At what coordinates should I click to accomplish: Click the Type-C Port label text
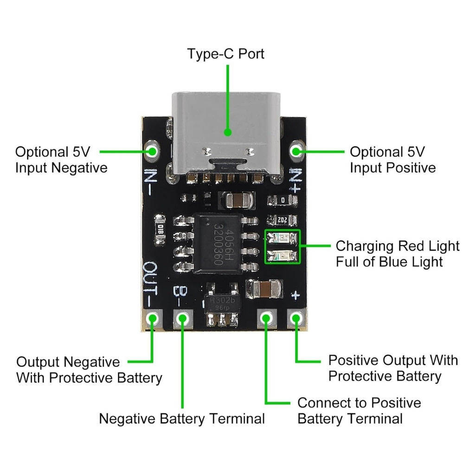coord(226,54)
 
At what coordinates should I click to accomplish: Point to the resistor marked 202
coord(282,220)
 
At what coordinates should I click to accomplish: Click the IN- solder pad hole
coord(152,151)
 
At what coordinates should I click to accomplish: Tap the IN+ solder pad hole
coord(297,151)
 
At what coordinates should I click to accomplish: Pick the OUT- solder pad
coord(152,319)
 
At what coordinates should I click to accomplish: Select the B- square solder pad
coord(182,319)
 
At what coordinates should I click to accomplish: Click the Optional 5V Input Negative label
coord(61,160)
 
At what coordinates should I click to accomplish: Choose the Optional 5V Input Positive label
coord(392,160)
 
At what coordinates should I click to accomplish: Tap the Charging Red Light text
coord(397,246)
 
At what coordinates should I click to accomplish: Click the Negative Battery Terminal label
coord(182,419)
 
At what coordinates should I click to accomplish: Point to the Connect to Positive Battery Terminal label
coord(359,411)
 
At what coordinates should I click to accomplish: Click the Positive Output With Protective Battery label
coord(392,368)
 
